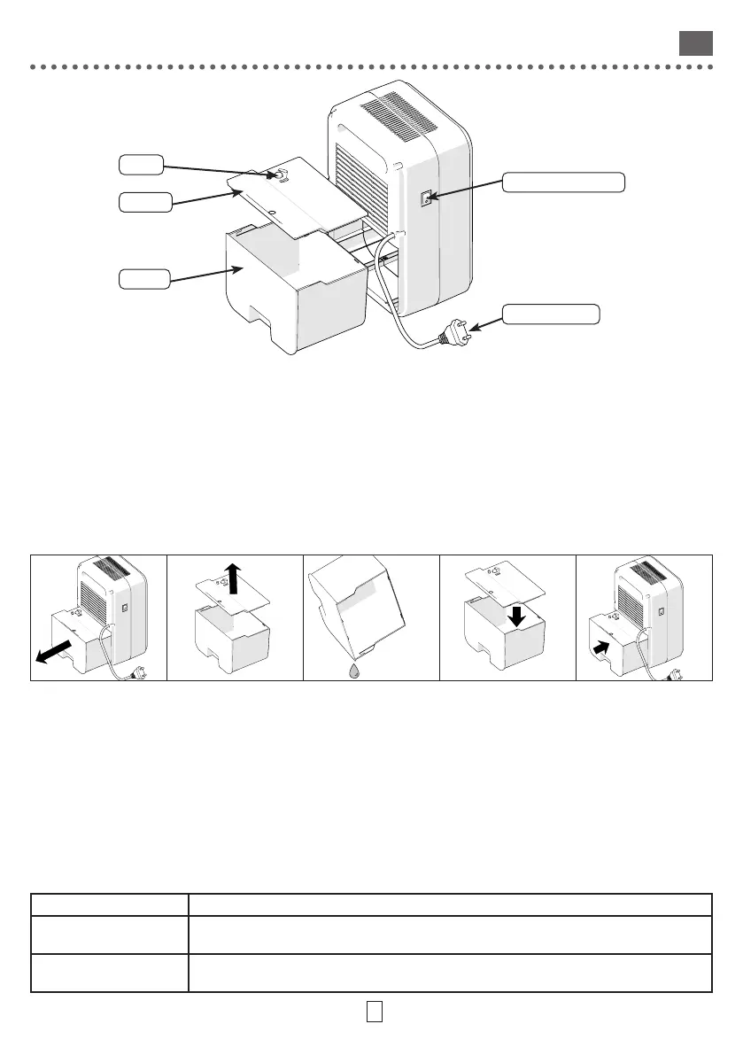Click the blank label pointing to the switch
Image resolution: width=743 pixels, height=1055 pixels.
[563, 182]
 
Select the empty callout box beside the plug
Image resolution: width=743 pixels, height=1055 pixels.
[551, 314]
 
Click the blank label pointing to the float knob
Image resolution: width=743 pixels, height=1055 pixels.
[141, 164]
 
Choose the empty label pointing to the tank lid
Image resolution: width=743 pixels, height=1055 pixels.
[144, 202]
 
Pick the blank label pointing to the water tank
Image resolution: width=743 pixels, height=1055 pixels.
[144, 280]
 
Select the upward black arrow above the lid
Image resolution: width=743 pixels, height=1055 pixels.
[233, 578]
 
